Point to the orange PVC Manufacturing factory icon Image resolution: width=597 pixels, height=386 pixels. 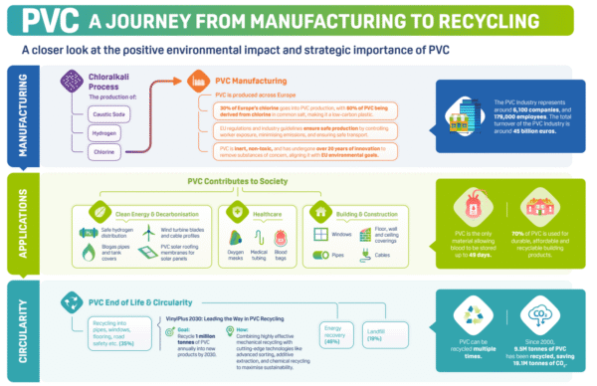(197, 80)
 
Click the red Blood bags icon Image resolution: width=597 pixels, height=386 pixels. (282, 237)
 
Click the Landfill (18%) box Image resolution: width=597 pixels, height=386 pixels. (374, 334)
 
